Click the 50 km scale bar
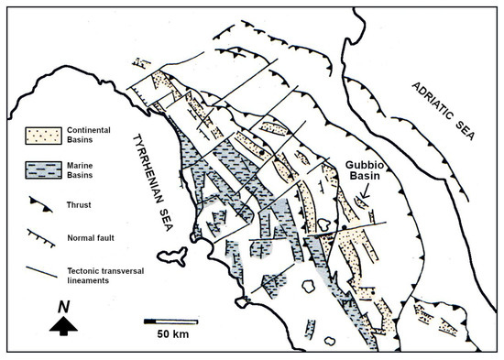tap(171, 321)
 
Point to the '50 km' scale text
tap(172, 334)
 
